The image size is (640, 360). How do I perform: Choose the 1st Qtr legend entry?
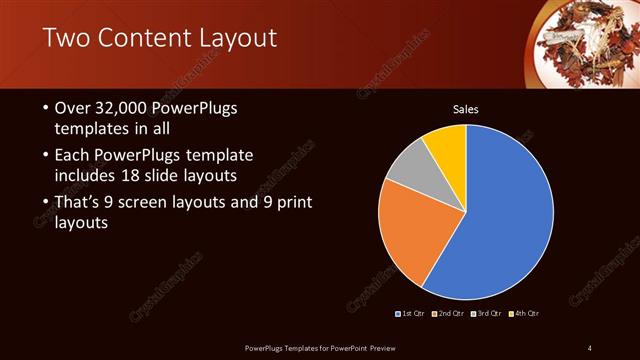(x=413, y=314)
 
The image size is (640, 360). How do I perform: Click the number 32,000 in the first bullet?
(x=122, y=108)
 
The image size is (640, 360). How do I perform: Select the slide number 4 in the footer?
(x=590, y=347)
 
